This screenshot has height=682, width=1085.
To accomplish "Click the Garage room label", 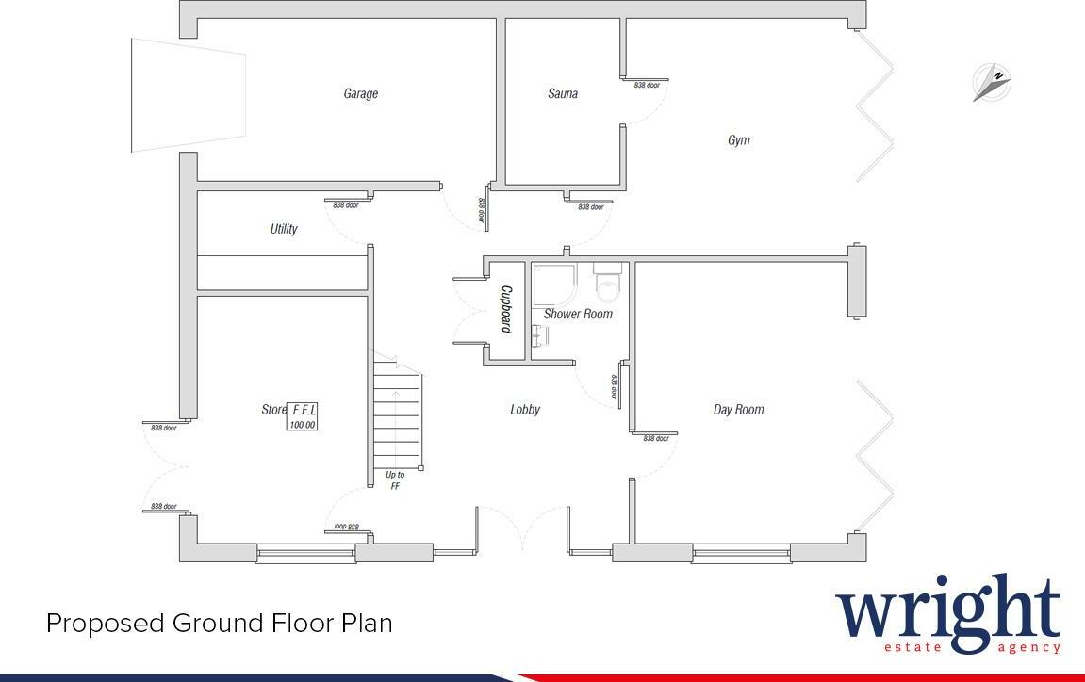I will click(x=360, y=93).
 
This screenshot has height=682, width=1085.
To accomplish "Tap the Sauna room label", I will click(x=563, y=93).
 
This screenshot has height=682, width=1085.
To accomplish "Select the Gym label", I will click(x=739, y=140).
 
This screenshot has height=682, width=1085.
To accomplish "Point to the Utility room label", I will click(x=284, y=229).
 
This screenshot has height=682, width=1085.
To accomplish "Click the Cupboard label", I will click(x=506, y=310).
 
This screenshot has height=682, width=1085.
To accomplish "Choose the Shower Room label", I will click(x=578, y=314).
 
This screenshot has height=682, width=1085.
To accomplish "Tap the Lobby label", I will click(x=525, y=410).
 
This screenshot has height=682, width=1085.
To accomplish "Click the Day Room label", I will click(x=738, y=410).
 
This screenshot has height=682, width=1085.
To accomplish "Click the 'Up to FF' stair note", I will click(x=395, y=480).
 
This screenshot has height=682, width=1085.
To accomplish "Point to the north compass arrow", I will click(x=992, y=83).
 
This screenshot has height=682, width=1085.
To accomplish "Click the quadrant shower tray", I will click(x=553, y=284).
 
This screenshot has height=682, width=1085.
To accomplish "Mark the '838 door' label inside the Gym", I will click(x=647, y=86).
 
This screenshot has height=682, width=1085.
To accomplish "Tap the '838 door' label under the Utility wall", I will click(x=345, y=204).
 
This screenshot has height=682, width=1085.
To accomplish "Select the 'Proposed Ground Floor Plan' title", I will click(x=219, y=624).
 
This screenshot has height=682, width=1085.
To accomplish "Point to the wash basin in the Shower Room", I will click(x=539, y=335).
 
